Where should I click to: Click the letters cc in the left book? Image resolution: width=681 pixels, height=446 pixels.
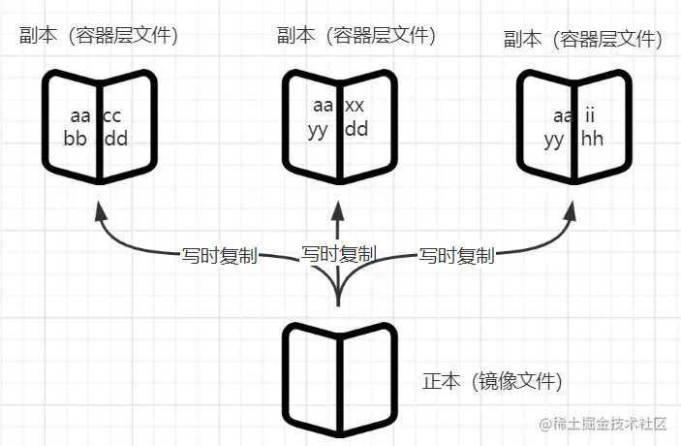[x=112, y=116]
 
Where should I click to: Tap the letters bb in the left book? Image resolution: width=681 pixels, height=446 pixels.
[x=76, y=139]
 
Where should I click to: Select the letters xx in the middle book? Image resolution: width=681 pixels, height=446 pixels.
[x=355, y=106]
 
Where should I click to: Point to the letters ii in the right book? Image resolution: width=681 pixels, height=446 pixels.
[x=589, y=116]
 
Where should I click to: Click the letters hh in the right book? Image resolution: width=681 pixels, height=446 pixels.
[x=592, y=139]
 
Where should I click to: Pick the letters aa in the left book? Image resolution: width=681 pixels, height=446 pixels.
[x=79, y=116]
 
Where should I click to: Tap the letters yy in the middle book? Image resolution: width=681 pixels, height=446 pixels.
[x=318, y=128]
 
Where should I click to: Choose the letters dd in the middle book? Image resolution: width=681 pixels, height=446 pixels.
[x=356, y=128]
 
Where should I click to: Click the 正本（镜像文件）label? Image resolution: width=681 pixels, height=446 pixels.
[x=493, y=380]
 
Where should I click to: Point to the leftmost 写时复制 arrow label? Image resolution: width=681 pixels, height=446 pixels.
[x=220, y=257]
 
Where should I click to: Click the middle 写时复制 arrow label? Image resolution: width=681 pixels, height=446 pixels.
[x=338, y=254]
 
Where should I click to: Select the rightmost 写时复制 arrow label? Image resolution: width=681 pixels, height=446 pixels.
[x=456, y=257]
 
